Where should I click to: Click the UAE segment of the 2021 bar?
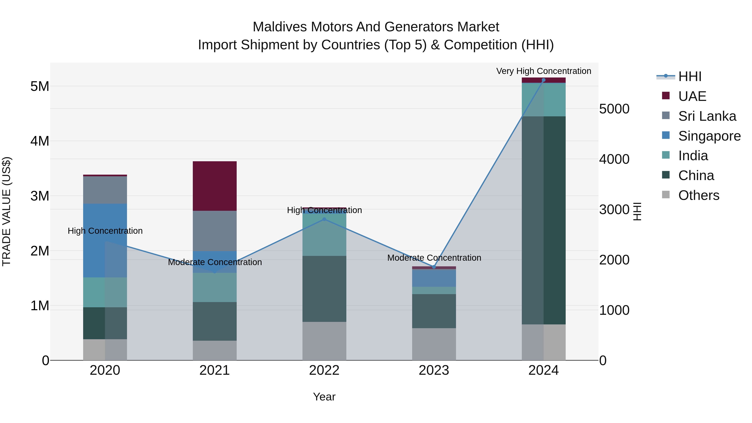(x=215, y=186)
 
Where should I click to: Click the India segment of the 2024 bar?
(x=543, y=100)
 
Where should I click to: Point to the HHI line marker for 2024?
(x=543, y=80)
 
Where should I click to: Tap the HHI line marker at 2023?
(x=434, y=267)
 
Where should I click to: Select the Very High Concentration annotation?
(x=543, y=71)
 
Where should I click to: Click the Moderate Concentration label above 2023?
(x=434, y=258)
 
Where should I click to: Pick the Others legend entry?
(x=698, y=195)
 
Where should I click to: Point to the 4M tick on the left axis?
(x=40, y=141)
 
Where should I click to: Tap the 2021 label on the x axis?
(x=215, y=370)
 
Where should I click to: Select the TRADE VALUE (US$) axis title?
(x=6, y=211)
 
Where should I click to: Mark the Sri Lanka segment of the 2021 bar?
(x=215, y=231)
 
